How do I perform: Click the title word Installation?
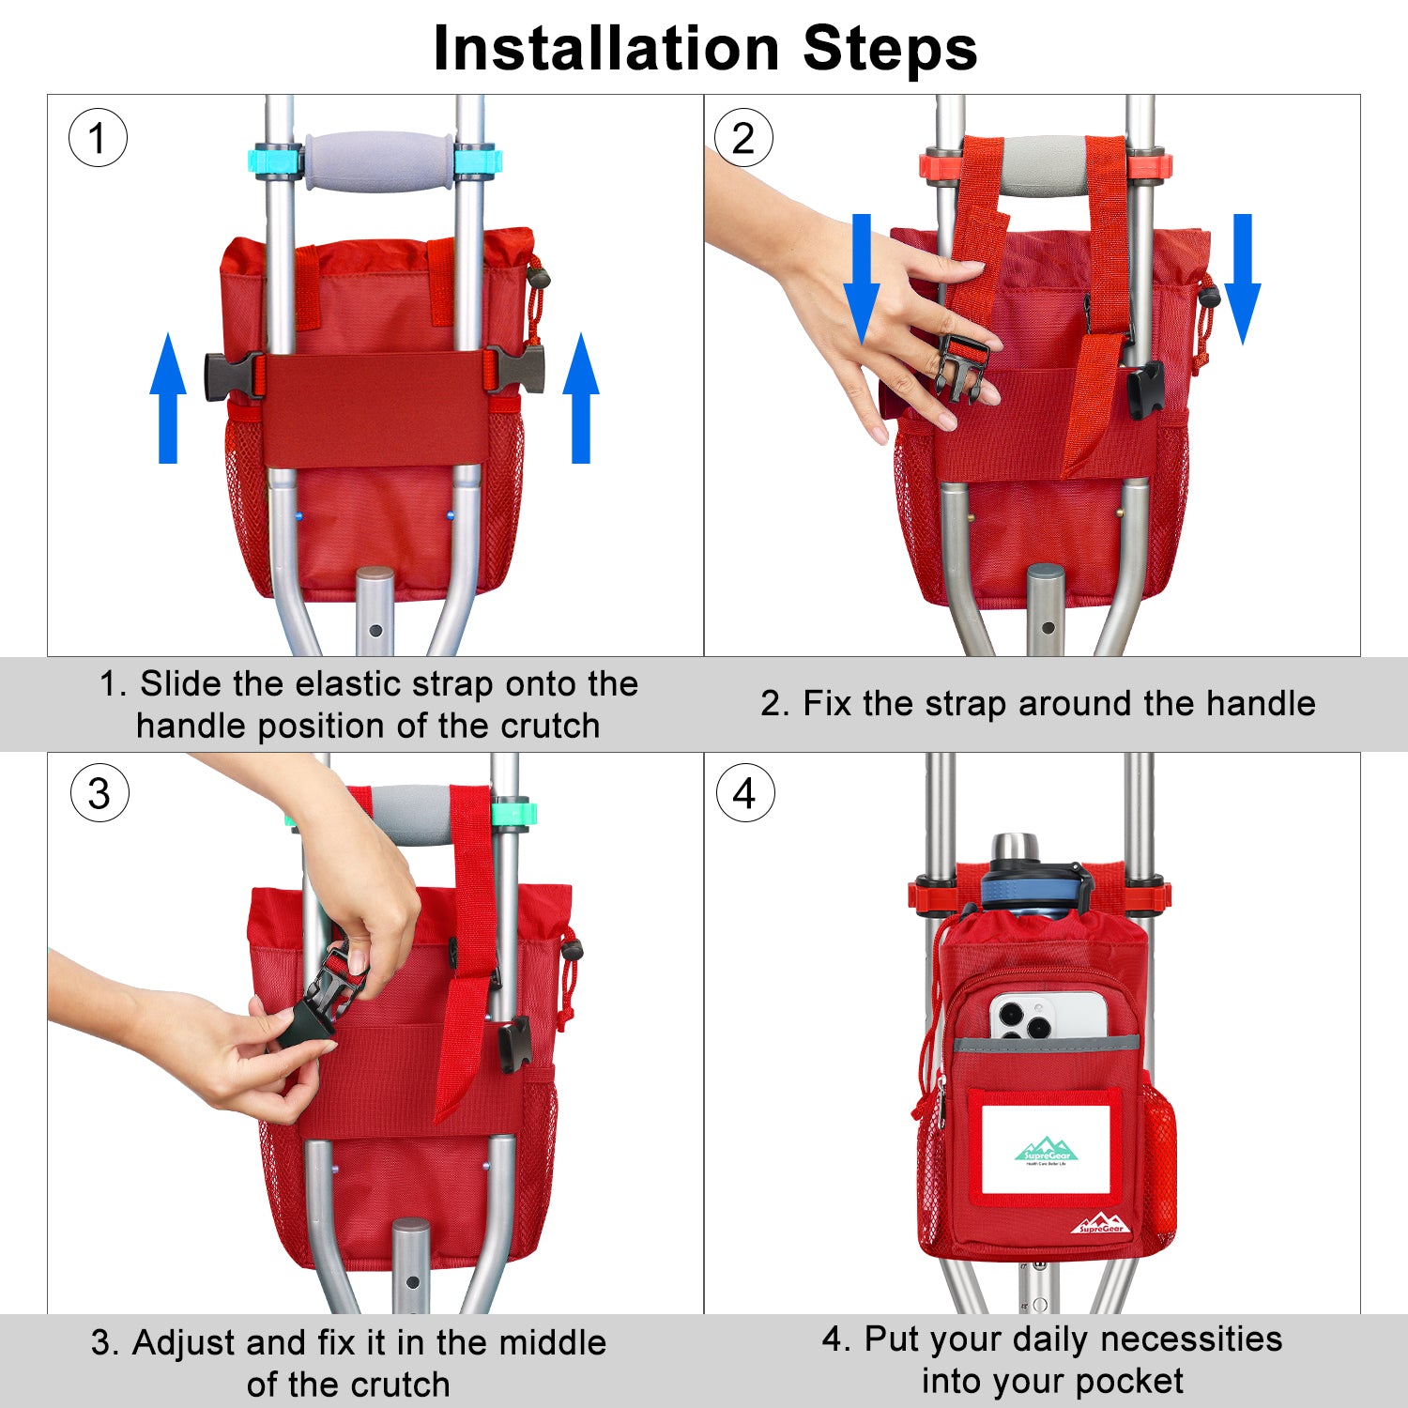point(606,48)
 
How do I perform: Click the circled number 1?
point(98,138)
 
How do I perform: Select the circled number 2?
point(743,138)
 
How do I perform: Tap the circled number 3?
point(99,793)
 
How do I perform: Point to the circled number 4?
point(745,793)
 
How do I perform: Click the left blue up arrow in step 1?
point(168,398)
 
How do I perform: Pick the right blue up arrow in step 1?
point(581,398)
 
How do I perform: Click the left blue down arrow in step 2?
point(861,279)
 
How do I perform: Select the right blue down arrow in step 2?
point(1242,279)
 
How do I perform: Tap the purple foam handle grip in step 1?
point(379,161)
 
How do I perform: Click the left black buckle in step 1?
point(235,375)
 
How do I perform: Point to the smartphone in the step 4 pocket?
point(1048,1016)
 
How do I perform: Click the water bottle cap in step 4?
point(1017,849)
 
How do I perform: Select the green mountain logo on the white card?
point(1047,1149)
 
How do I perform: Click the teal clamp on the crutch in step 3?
point(513,813)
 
